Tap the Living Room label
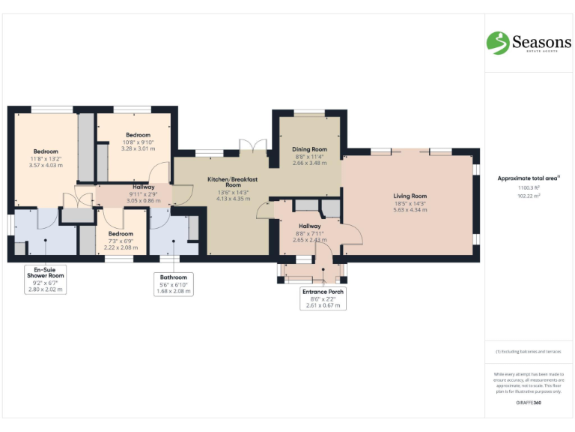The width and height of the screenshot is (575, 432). [x=410, y=196]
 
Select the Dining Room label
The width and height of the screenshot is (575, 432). [x=310, y=149]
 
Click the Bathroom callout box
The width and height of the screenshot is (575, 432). [x=173, y=283]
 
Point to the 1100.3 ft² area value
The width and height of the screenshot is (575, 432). [x=529, y=188]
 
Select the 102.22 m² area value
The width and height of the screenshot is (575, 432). [x=529, y=196]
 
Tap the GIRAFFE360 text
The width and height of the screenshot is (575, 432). [x=529, y=403]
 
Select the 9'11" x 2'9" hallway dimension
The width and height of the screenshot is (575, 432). [x=143, y=194]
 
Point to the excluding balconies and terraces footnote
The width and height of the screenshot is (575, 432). [x=529, y=351]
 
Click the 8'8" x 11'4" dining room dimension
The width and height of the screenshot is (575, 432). [x=310, y=156]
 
